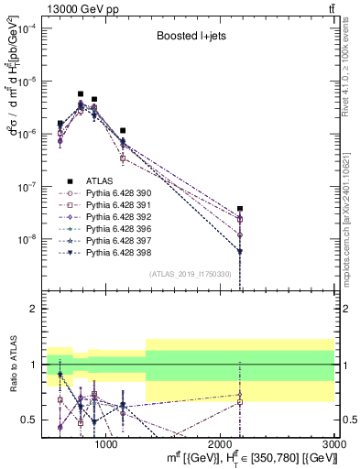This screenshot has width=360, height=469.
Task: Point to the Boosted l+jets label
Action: pos(188,38)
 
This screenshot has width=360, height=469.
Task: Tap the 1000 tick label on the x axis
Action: pos(105,444)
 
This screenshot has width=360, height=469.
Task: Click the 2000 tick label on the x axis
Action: pos(220,444)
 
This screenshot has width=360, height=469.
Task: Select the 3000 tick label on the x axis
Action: pos(334,444)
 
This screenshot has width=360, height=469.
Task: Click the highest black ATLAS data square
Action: pos(81,93)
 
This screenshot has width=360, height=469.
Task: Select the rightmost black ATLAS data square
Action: pos(240,209)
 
